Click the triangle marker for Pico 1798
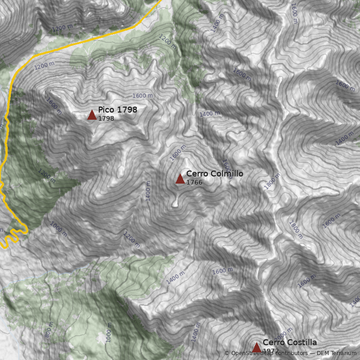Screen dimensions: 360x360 point(92,115)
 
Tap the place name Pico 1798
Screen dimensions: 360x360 point(117,110)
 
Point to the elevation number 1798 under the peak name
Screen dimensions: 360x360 point(106,119)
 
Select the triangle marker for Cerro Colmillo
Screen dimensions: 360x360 point(180,179)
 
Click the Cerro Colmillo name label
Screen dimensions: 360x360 point(215,174)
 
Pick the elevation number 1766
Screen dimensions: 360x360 point(194,183)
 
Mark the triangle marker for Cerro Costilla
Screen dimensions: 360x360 point(256,347)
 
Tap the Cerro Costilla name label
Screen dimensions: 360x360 point(290,342)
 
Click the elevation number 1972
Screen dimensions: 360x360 point(271,351)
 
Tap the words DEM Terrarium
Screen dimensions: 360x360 point(337,354)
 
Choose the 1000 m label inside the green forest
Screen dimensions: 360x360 point(108,332)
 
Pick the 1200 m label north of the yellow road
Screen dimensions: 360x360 point(62,28)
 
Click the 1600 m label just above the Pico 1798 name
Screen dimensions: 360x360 point(142,96)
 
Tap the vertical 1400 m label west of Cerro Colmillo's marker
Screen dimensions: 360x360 point(148,191)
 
